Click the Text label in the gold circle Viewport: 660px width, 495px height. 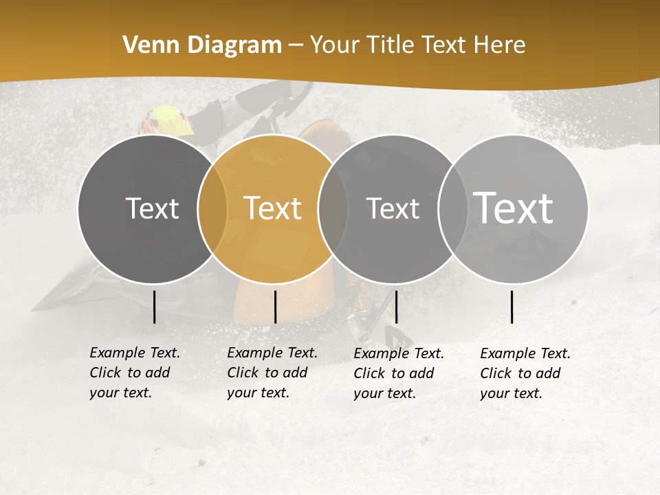pyautogui.click(x=272, y=208)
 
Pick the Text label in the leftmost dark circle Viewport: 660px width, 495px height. pyautogui.click(x=152, y=208)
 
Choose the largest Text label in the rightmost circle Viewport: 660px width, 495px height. pyautogui.click(x=513, y=208)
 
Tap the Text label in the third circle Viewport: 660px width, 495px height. pyautogui.click(x=393, y=208)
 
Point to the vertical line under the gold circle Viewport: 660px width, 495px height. pyautogui.click(x=275, y=307)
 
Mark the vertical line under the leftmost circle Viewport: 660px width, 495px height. pyautogui.click(x=154, y=307)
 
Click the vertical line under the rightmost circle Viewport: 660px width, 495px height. pyautogui.click(x=512, y=307)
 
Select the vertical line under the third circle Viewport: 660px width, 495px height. pyautogui.click(x=396, y=307)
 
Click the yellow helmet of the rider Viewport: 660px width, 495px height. pyautogui.click(x=167, y=121)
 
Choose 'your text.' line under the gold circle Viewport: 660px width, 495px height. pyautogui.click(x=258, y=393)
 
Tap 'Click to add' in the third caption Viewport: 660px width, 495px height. pyautogui.click(x=394, y=373)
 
